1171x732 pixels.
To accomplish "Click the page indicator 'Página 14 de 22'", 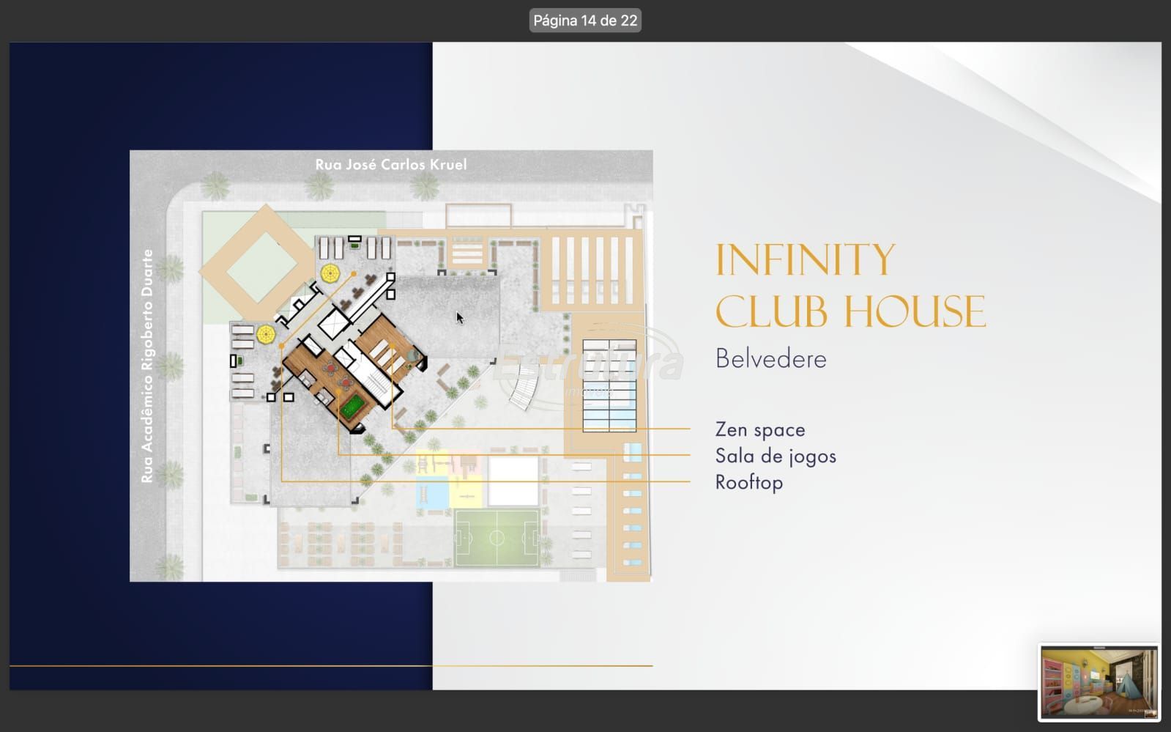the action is click(585, 21).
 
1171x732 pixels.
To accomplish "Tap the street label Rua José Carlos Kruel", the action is click(391, 165).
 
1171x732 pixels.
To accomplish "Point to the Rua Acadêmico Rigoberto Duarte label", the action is click(147, 366).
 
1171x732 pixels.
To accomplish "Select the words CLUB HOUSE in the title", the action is click(850, 311).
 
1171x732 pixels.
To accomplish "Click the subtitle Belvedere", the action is click(771, 359).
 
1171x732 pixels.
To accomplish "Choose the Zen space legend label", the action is click(760, 429).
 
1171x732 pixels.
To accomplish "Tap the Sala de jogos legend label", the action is click(776, 456).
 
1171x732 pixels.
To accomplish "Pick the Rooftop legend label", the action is click(749, 482).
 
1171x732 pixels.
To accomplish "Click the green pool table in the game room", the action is click(353, 406).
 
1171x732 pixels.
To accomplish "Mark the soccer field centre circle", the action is click(497, 537).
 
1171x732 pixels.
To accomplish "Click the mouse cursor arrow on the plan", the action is click(459, 317).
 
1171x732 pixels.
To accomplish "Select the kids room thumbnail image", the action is click(1098, 682).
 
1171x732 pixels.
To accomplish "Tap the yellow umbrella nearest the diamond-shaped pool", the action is click(330, 273).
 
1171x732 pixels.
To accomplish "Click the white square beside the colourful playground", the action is click(513, 481).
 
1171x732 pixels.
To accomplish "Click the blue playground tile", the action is click(432, 492).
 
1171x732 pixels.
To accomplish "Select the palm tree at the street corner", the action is click(215, 185).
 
